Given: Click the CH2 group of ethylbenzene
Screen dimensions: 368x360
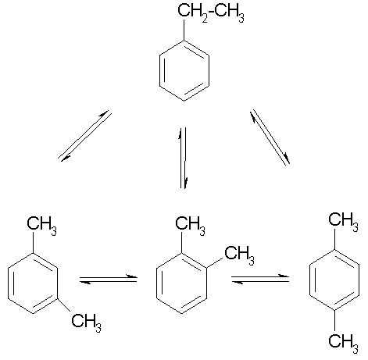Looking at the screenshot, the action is pyautogui.click(x=193, y=13).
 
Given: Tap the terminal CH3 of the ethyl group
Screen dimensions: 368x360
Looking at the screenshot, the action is pyautogui.click(x=230, y=13).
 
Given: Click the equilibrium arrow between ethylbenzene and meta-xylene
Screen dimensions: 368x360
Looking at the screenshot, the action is pyautogui.click(x=85, y=136).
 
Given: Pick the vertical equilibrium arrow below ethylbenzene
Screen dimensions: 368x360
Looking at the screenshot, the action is pyautogui.click(x=184, y=158).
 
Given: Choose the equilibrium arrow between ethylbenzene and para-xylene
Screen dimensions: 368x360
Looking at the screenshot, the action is pyautogui.click(x=270, y=137).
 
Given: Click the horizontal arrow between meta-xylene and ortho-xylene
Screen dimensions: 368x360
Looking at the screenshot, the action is pyautogui.click(x=109, y=280).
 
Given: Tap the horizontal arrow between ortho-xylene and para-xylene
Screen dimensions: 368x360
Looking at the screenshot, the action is pyautogui.click(x=260, y=280).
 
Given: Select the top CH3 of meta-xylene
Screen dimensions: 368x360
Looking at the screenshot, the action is pyautogui.click(x=41, y=226).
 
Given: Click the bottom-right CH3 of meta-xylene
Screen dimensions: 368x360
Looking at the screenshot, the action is pyautogui.click(x=87, y=323).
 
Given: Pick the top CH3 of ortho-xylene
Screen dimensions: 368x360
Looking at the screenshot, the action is pyautogui.click(x=190, y=226).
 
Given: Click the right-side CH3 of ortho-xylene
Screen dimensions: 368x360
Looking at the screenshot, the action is pyautogui.click(x=239, y=255).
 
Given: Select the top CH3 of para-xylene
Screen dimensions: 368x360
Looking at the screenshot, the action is pyautogui.click(x=343, y=222).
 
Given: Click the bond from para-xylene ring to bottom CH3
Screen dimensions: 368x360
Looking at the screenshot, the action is pyautogui.click(x=334, y=321).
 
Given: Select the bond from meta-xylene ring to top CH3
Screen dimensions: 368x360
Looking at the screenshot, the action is pyautogui.click(x=33, y=242).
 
